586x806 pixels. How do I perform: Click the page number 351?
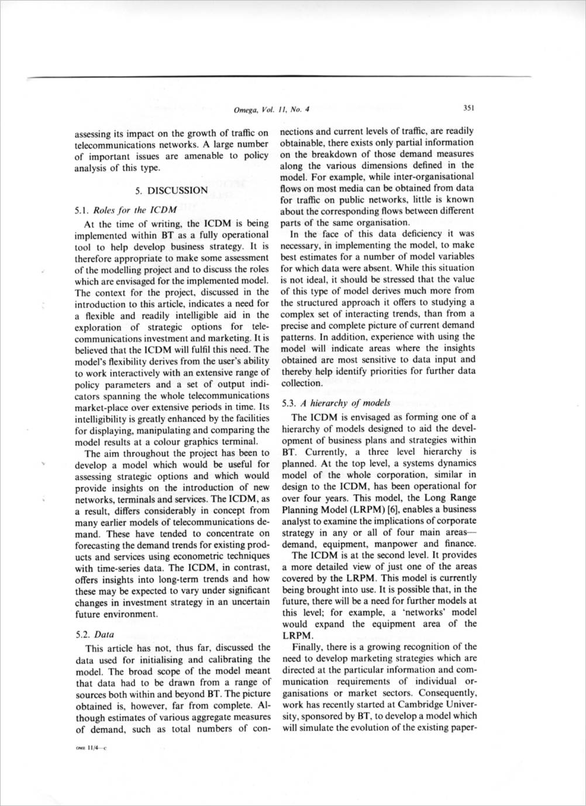pos(468,108)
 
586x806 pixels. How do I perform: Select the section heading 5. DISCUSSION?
pos(171,190)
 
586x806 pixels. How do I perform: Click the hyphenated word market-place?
pos(102,407)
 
